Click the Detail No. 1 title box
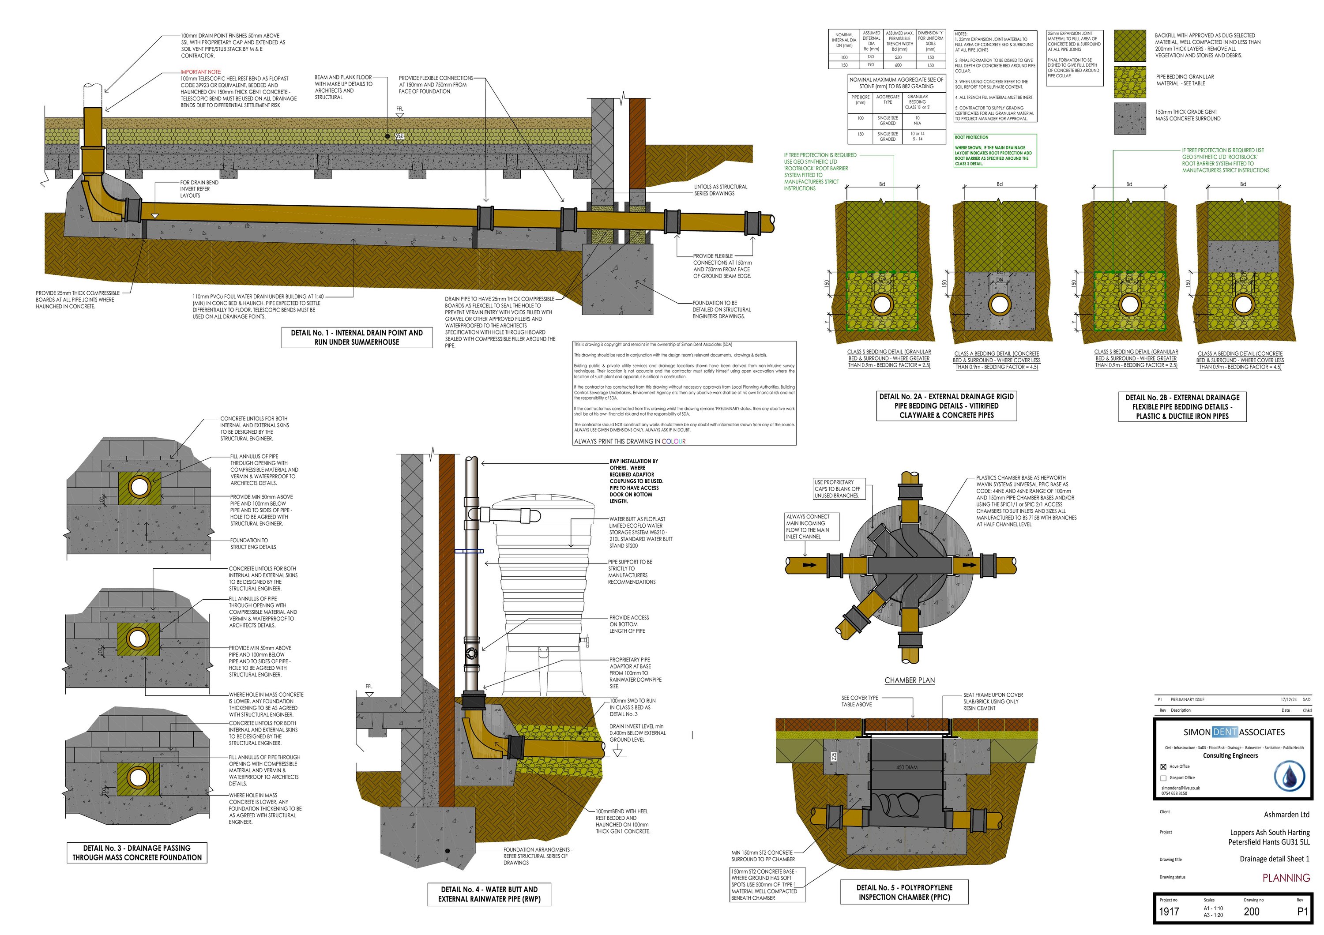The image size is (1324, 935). point(356,337)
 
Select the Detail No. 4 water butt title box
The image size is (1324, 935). point(489,894)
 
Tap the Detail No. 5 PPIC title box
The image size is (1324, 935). point(903,892)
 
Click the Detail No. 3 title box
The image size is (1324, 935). point(137,852)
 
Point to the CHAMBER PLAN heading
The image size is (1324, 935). point(910,680)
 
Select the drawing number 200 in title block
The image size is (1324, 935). point(1251,911)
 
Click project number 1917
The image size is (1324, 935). point(1169,911)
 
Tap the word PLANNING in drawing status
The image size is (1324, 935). point(1286,878)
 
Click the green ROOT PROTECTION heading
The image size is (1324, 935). point(972,137)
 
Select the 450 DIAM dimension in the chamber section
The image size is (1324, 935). point(906,767)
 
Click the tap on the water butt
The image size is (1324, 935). point(586,640)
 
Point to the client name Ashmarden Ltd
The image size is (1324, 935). point(1286,815)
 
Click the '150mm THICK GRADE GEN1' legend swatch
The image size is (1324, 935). point(1130,118)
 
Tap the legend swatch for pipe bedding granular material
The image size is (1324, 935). point(1130,81)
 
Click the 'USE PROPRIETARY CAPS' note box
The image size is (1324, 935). point(837,489)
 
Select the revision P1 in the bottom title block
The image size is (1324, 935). point(1302,911)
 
